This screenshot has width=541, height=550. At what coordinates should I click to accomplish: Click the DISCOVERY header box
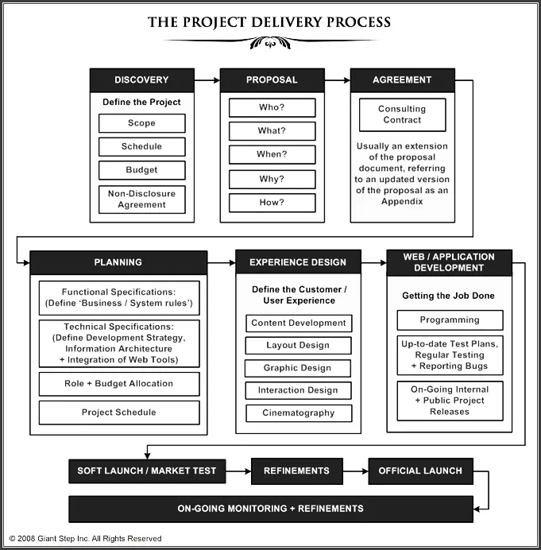pos(141,80)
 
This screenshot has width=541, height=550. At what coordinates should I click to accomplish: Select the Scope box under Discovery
pos(141,123)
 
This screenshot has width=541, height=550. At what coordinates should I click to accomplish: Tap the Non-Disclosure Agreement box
pos(141,199)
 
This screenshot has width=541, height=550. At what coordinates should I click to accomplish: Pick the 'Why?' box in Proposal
pos(272,179)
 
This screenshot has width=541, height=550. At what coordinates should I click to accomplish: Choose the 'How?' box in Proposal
pos(272,203)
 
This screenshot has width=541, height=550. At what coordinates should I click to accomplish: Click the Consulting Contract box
pos(402,114)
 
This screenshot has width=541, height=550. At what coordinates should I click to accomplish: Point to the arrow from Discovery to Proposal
pos(207,80)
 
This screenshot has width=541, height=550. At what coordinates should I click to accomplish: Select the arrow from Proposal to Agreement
pos(338,80)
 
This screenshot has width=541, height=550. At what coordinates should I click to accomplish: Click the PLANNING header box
pos(118,262)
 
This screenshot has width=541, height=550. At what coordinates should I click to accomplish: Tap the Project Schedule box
pos(118,412)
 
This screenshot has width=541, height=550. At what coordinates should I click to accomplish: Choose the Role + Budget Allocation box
pos(118,384)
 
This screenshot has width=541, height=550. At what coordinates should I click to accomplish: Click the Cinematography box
pos(298,413)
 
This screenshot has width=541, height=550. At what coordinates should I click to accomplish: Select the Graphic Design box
pos(298,368)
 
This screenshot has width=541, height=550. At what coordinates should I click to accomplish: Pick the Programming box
pos(450,320)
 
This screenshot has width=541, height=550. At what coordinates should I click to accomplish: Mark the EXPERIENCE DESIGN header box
pos(298,262)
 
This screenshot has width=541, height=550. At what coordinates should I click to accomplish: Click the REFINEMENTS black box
pos(296,471)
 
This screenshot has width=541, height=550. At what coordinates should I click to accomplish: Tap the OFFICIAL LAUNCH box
pos(420,471)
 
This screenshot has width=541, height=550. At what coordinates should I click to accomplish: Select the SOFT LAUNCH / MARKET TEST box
pos(146,471)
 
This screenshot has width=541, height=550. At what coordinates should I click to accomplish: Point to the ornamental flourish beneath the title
pos(270,43)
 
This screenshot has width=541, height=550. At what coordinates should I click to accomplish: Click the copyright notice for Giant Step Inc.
pos(85,539)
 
